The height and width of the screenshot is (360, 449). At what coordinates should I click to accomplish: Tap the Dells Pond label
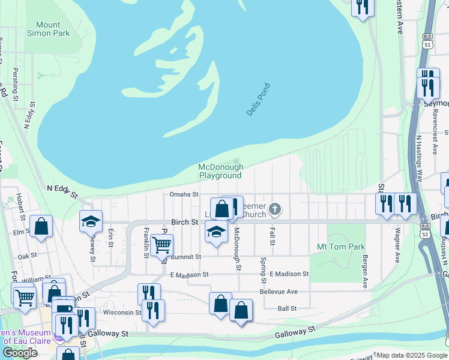coord(259,100)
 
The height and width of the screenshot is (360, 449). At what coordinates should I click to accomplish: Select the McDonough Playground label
coord(221,172)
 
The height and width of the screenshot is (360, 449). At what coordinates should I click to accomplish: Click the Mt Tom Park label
coord(341,247)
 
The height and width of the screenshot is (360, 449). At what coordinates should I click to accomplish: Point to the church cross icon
coord(275,209)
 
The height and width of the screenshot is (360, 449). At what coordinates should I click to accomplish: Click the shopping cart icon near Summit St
coord(161,245)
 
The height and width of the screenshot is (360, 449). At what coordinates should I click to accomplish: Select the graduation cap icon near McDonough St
coord(216,232)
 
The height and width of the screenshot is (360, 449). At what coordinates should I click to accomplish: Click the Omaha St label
coord(184,194)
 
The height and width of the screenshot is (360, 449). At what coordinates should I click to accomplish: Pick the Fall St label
coord(272,236)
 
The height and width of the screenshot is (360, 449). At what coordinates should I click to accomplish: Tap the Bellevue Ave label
coord(279,292)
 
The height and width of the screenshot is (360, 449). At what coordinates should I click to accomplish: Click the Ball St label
coord(287,308)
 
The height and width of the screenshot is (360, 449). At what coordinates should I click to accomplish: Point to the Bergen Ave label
coord(364,271)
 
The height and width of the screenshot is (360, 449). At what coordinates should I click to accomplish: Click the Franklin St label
coord(146,243)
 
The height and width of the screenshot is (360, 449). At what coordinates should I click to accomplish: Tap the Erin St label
coord(111,238)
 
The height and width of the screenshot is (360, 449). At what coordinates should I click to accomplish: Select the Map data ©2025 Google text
coord(411,355)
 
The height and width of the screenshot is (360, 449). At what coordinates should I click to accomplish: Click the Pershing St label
coord(16,84)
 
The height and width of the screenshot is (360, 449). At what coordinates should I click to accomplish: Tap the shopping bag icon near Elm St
coord(41,227)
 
